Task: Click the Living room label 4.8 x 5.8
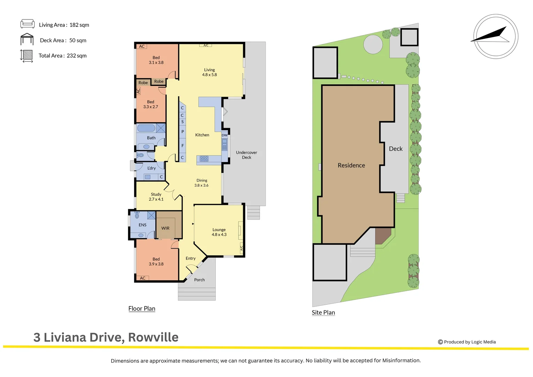209,72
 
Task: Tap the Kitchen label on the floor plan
202,135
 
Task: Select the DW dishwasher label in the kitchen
225,135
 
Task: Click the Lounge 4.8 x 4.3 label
219,232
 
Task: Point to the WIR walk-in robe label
165,228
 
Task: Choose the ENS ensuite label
142,225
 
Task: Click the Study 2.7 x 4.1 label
156,197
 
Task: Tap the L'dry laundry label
151,168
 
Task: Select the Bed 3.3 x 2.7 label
150,104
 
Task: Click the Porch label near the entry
199,280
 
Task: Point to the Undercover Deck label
246,155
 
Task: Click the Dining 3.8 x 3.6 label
202,183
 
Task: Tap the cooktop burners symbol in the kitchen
204,159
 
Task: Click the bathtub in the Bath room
146,128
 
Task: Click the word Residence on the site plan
351,165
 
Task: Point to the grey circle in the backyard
373,44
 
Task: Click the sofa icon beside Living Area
27,24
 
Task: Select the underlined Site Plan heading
323,313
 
